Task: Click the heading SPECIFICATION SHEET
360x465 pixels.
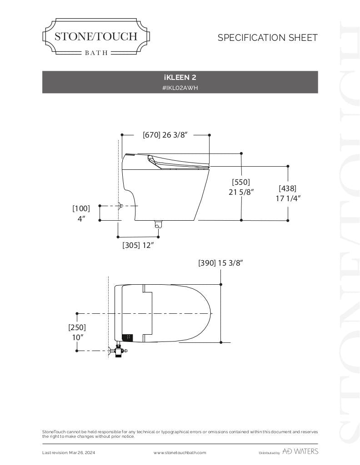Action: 267,38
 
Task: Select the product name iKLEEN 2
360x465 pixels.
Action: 180,78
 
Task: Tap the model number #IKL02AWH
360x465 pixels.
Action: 180,88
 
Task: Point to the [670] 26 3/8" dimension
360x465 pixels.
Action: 165,135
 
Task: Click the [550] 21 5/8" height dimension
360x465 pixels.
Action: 241,187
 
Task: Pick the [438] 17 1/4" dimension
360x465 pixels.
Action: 288,193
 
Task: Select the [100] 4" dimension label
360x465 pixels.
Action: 81,213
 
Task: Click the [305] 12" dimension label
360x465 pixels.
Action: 138,245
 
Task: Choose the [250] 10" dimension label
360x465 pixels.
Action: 77,332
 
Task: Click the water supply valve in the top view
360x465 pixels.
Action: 119,350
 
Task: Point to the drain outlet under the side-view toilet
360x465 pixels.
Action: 158,224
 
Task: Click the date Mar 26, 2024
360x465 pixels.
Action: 83,453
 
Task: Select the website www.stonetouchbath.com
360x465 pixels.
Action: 180,453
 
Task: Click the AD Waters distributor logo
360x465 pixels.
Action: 300,451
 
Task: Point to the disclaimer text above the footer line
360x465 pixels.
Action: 180,434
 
